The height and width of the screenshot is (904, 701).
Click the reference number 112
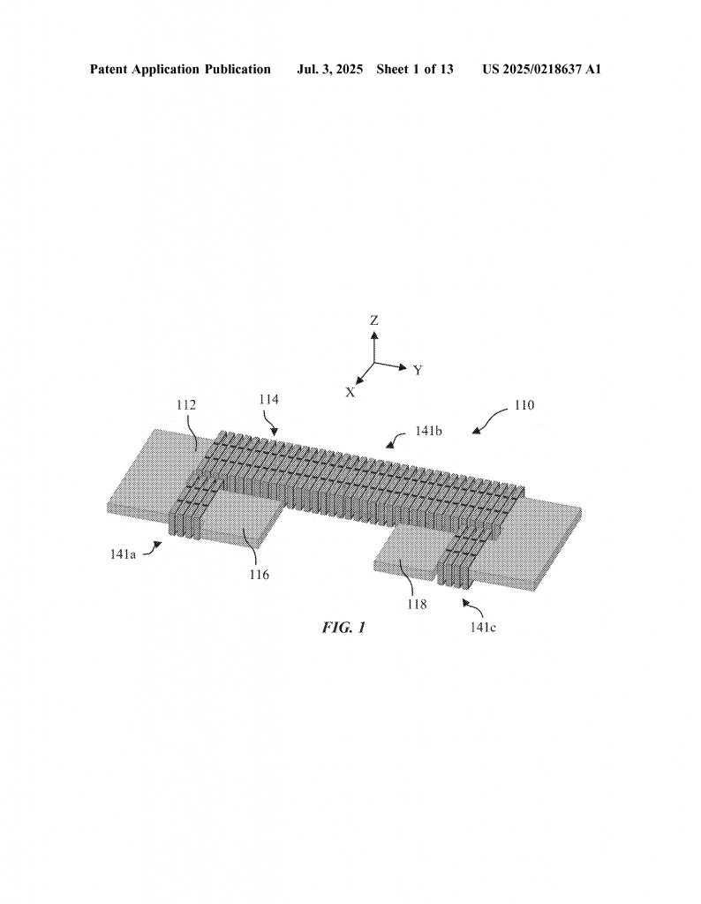(186, 405)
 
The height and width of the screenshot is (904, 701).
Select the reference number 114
(268, 400)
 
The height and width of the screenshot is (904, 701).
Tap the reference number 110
(524, 405)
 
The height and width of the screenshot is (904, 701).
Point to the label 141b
(428, 431)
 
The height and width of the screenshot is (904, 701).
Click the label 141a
(123, 554)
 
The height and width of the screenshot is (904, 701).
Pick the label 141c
(483, 628)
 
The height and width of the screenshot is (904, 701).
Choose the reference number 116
(259, 575)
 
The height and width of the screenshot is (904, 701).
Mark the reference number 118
(417, 604)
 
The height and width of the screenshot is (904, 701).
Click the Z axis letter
(374, 320)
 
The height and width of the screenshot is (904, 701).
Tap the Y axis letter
(418, 371)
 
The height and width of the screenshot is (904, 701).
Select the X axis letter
(350, 393)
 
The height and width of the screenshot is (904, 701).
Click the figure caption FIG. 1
(343, 628)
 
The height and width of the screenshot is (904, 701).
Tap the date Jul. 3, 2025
(329, 70)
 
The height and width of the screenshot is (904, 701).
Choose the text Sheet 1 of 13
(415, 70)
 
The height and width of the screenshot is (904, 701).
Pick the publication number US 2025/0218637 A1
(542, 70)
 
